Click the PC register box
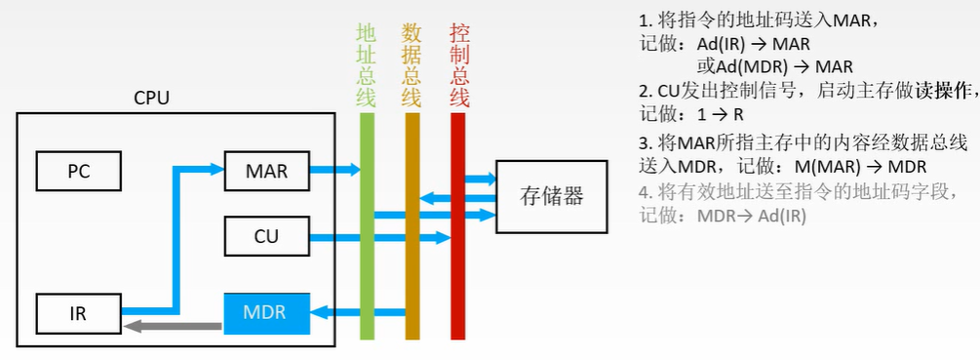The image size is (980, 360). (x=78, y=171)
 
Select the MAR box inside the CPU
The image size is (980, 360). (x=266, y=171)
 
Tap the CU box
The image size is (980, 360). (x=266, y=236)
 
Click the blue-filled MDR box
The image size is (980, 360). (x=265, y=313)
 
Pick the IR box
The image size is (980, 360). (x=78, y=313)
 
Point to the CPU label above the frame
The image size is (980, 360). (x=151, y=99)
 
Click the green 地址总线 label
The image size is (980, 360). (x=367, y=63)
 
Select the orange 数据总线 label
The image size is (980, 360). (x=412, y=63)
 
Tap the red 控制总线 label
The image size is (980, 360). (x=459, y=63)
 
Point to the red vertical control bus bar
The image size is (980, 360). (x=458, y=224)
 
